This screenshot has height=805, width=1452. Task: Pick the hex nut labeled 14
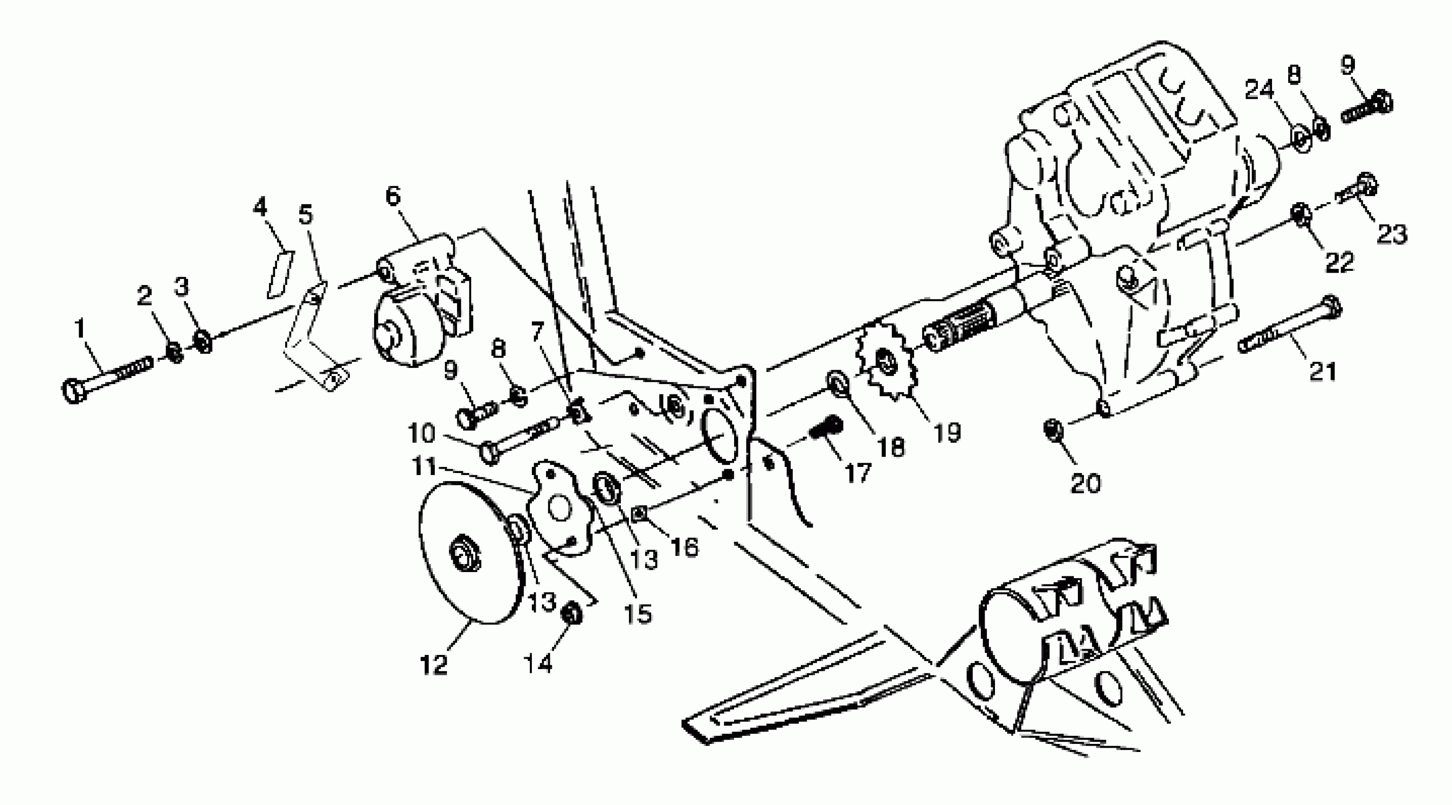click(573, 614)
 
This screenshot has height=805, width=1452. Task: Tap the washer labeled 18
click(837, 384)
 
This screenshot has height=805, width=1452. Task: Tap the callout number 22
click(1338, 262)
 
